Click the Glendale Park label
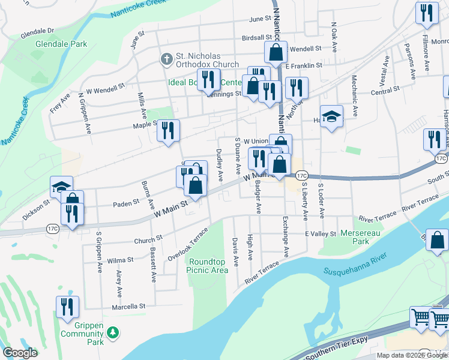pos(61,44)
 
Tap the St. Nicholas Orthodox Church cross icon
pos(166,59)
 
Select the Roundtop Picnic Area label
pos(208,266)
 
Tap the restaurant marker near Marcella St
pos(67,307)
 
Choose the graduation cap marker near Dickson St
pos(61,187)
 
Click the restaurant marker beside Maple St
pos(169,131)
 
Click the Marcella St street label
pos(128,306)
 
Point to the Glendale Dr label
pos(37,30)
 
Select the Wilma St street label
pos(120,260)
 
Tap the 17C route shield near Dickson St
pos(53,229)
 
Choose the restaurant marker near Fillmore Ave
pos(426,14)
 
